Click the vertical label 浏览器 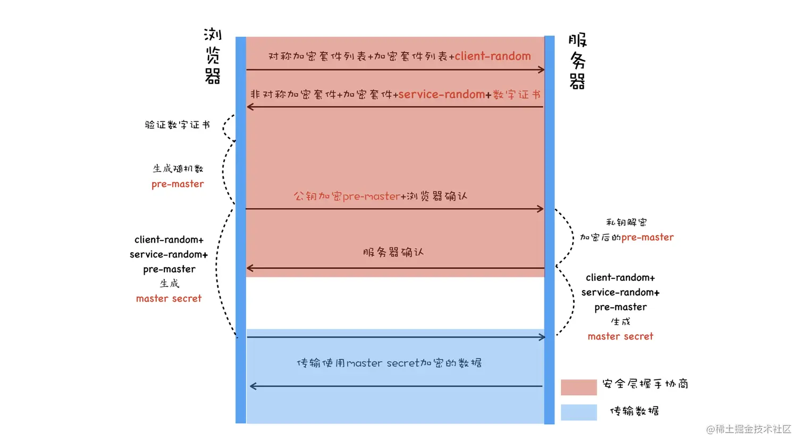point(213,56)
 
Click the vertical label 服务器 point(577,61)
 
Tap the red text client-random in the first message point(492,56)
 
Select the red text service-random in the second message point(441,94)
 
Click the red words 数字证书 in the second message point(516,95)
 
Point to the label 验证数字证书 point(177,125)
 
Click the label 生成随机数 point(178,169)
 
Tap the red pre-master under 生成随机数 point(178,184)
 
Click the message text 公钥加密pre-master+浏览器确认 point(380,196)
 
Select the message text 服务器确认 point(393,252)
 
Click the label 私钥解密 point(626,222)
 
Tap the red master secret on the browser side point(169,299)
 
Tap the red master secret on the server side point(620,336)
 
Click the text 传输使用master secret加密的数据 point(389,363)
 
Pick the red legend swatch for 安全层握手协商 point(579,387)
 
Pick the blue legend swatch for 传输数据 point(579,412)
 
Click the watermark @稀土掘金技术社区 point(748,429)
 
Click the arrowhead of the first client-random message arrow point(541,70)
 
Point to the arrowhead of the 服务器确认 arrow point(250,268)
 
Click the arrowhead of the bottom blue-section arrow point(253,386)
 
